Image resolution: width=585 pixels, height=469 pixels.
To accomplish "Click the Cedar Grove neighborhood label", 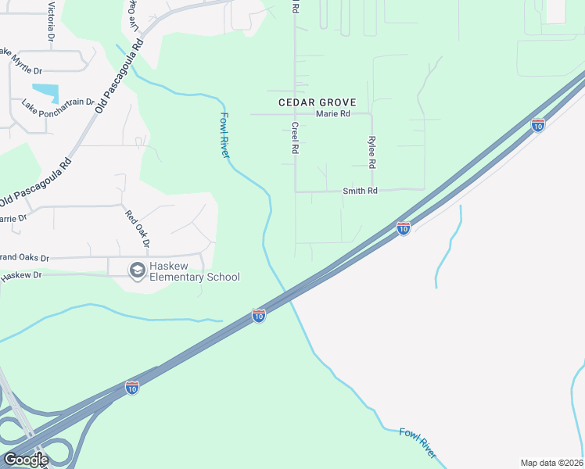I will point(318,102).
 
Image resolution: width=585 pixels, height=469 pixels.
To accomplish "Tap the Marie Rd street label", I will point(333,114).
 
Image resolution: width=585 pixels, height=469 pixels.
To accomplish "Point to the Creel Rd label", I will point(296,137).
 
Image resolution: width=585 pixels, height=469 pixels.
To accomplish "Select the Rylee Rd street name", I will point(372,153).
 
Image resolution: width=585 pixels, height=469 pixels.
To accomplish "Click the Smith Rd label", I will point(360,191).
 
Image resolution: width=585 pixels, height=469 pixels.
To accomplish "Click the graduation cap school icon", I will point(138,270).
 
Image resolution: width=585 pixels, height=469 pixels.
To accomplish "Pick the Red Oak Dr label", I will point(135,227).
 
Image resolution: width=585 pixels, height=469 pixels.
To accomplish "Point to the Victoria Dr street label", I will point(52,21).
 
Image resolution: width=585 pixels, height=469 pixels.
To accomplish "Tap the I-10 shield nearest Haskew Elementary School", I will point(259,315).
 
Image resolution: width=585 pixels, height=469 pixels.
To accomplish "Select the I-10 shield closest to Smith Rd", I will point(404,228).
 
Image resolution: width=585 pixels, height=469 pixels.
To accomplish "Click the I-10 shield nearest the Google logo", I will point(132,388).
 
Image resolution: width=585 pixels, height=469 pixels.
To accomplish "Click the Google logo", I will point(26,460).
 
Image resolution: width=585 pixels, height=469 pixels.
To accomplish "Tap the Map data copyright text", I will point(552,463).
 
